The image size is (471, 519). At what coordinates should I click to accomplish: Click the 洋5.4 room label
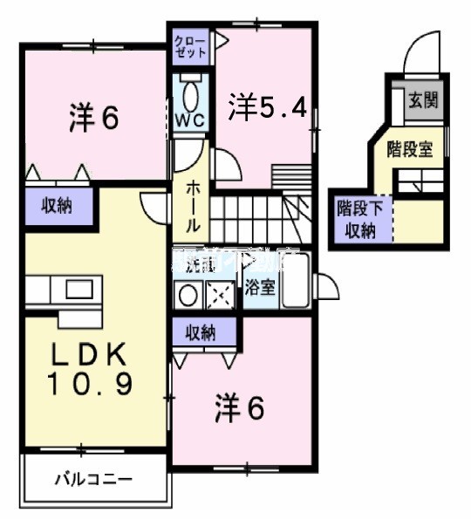(x=268, y=107)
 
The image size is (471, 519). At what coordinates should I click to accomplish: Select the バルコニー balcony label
(x=93, y=479)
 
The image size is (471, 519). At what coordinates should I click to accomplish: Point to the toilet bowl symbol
(x=191, y=91)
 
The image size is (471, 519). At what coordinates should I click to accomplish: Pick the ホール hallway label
(x=194, y=204)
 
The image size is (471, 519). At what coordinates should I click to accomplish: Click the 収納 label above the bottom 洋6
(x=205, y=332)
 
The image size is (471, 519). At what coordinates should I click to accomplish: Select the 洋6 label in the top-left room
(x=93, y=119)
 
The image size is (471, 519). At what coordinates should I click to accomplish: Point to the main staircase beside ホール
(x=253, y=212)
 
